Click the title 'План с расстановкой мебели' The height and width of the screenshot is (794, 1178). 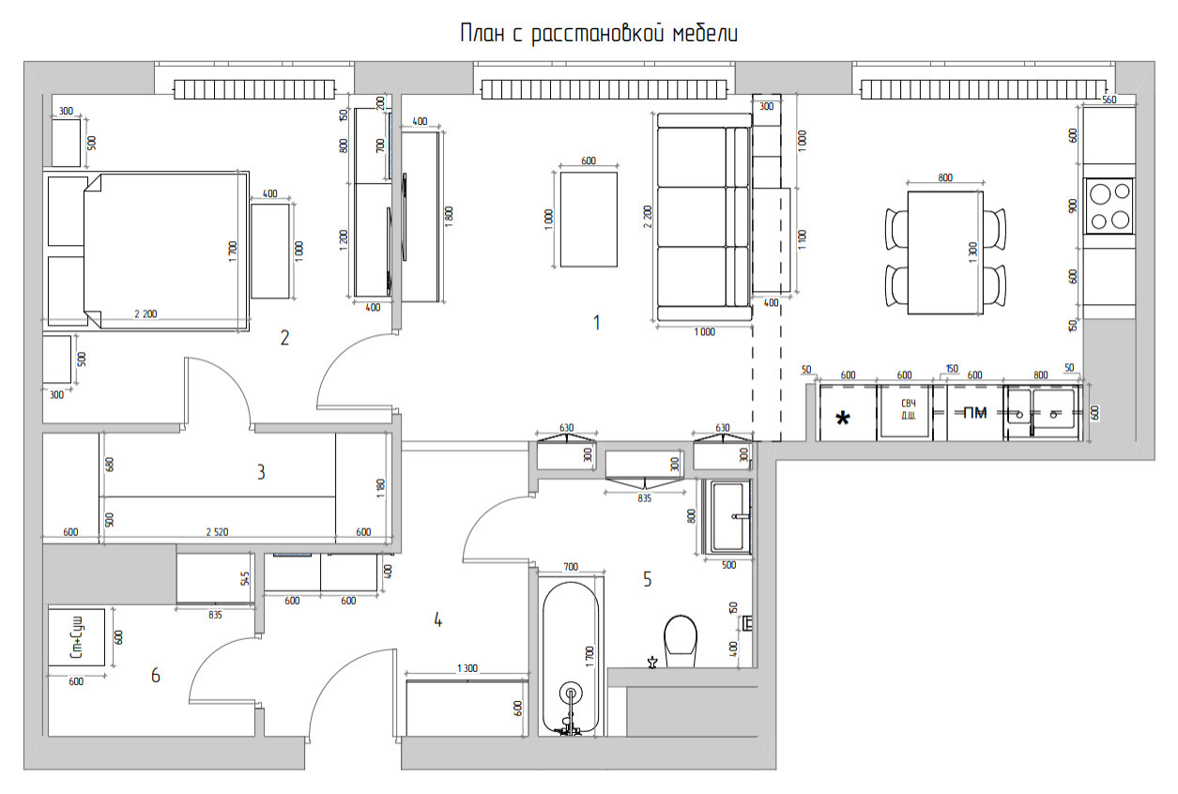coord(599,35)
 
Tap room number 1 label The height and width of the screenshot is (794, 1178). coord(596,323)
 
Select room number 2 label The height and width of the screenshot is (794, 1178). coord(284,338)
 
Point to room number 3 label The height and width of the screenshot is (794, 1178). coord(261,471)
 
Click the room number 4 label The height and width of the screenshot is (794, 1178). coord(437,619)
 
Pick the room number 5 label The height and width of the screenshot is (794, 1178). coord(648,579)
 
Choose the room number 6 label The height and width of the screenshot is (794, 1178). coord(156,674)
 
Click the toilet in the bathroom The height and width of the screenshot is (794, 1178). coord(680,640)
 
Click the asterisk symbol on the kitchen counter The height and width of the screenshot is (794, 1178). coord(843,418)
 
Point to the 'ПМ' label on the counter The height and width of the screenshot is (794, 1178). coord(975,411)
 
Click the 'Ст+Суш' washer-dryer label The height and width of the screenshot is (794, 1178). coord(77,638)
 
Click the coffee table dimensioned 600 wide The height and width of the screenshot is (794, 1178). coord(589,219)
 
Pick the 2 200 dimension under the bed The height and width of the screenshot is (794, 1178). coord(145,314)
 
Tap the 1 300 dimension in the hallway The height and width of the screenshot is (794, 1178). coord(467,668)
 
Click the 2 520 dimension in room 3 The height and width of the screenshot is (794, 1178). coord(217,532)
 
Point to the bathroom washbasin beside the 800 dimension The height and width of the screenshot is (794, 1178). coord(731,516)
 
